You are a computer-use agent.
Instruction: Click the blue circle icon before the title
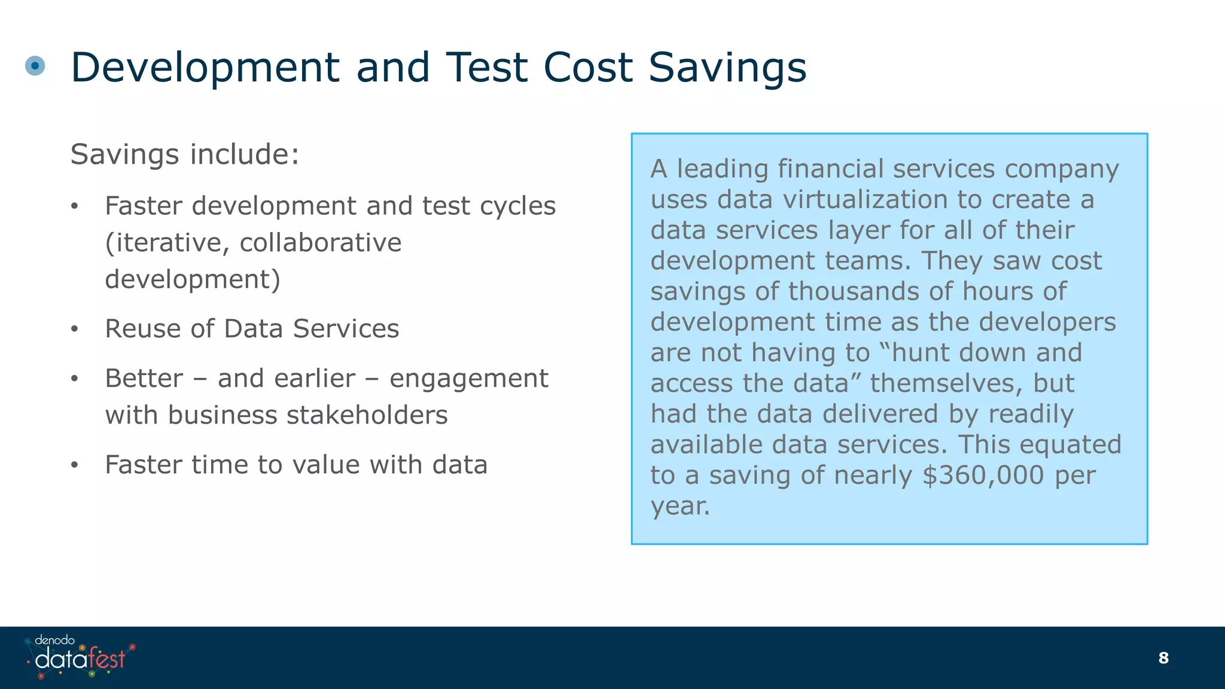point(35,65)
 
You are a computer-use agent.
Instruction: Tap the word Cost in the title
point(588,67)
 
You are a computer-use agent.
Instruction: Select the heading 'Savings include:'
point(185,154)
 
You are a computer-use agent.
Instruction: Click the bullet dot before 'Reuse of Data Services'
point(74,330)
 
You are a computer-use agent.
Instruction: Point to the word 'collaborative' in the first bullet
point(321,243)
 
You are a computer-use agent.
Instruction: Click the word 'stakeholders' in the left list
point(367,415)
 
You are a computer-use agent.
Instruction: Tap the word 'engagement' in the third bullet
point(468,379)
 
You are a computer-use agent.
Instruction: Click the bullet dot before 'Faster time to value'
point(74,465)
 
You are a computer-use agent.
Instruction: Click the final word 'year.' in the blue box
point(680,506)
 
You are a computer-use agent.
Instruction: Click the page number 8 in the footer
point(1163,658)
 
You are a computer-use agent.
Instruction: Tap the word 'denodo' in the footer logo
point(54,640)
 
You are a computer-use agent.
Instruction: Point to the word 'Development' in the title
point(205,67)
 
